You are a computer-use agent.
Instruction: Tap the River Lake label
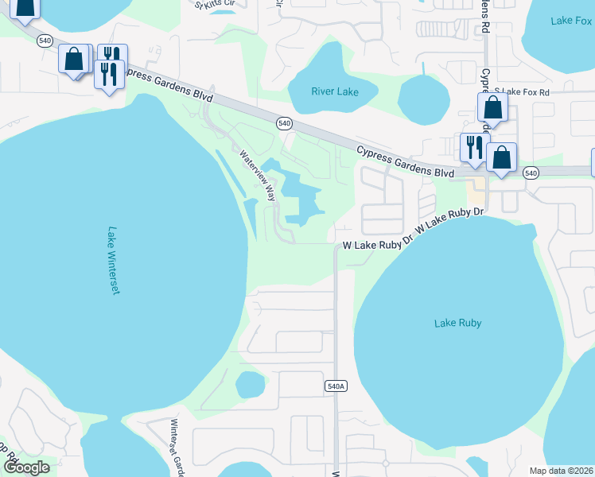coord(334,92)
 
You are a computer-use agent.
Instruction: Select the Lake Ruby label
coord(457,323)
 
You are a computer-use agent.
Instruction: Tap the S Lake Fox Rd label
coord(522,92)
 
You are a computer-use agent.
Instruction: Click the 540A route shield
coord(336,386)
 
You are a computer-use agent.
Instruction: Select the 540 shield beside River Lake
coord(284,123)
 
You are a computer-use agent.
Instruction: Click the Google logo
coord(25,467)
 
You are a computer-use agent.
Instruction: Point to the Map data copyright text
coord(560,471)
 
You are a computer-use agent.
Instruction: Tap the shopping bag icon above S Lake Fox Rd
coord(492,108)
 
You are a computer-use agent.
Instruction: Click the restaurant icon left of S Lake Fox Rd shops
coord(474,146)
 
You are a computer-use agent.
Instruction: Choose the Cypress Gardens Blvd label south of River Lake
coord(405,161)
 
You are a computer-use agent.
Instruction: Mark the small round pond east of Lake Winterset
coord(250,386)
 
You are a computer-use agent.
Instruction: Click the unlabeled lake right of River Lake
coord(424,100)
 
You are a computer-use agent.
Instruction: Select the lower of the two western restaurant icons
coord(107,75)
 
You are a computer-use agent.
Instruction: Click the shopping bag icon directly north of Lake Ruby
coord(502,157)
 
